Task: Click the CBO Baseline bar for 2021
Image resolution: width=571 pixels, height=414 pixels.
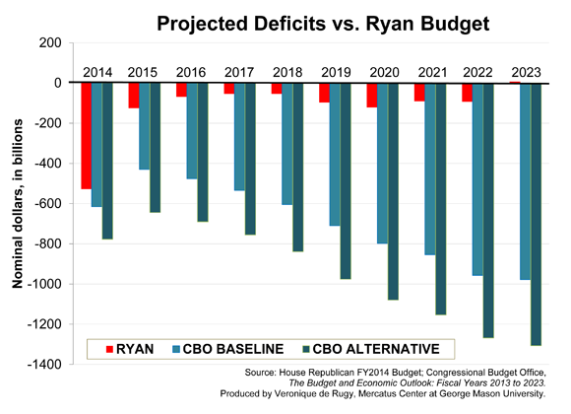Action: tap(430, 169)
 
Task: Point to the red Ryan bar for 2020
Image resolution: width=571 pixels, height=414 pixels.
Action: tap(372, 95)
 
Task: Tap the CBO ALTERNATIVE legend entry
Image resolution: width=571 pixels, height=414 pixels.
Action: tap(375, 349)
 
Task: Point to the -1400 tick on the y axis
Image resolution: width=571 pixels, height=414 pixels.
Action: tap(48, 365)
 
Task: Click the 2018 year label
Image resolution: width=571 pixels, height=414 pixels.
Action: tap(287, 72)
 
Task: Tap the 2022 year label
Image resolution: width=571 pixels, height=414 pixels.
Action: tap(478, 72)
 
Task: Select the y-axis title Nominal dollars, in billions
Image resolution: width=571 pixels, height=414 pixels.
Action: tap(18, 203)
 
